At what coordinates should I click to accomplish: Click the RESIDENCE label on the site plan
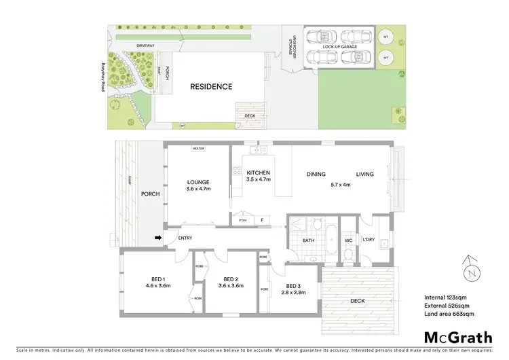[210, 86]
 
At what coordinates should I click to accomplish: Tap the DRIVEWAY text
[146, 46]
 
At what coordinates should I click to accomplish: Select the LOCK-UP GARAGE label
[340, 48]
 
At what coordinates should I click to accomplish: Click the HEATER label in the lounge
[198, 148]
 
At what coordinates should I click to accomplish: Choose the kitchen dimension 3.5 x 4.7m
[259, 180]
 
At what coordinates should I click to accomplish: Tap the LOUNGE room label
[198, 181]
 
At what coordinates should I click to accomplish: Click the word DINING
[316, 175]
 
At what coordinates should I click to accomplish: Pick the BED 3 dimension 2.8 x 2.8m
[296, 293]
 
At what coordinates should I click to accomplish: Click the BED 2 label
[231, 278]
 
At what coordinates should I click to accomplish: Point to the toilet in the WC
[347, 254]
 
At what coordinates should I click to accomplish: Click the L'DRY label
[369, 240]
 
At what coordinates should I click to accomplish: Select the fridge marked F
[261, 220]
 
